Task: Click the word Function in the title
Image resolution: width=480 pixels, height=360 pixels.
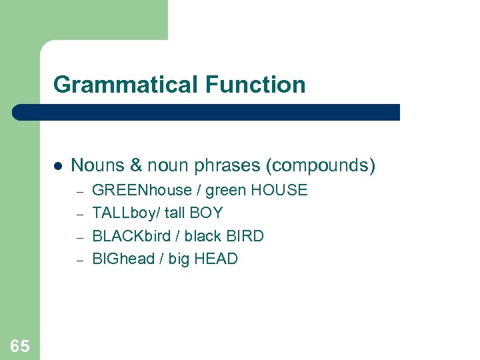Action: click(255, 85)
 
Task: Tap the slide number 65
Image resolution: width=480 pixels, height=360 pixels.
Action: click(19, 345)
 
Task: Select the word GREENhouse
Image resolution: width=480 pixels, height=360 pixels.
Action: click(141, 190)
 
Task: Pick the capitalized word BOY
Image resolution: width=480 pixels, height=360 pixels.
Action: click(206, 213)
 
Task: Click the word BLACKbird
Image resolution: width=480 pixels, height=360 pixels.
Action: click(131, 236)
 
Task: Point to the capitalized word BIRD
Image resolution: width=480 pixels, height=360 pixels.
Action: click(246, 236)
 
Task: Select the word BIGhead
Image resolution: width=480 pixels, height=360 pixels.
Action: click(123, 259)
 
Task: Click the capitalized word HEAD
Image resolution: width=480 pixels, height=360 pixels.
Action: click(217, 259)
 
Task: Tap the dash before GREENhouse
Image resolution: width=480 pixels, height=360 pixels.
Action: click(79, 191)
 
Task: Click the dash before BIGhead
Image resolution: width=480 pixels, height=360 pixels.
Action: click(79, 260)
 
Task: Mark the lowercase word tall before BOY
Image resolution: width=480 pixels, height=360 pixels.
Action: click(173, 213)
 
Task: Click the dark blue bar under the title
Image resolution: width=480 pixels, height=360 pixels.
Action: click(207, 112)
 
